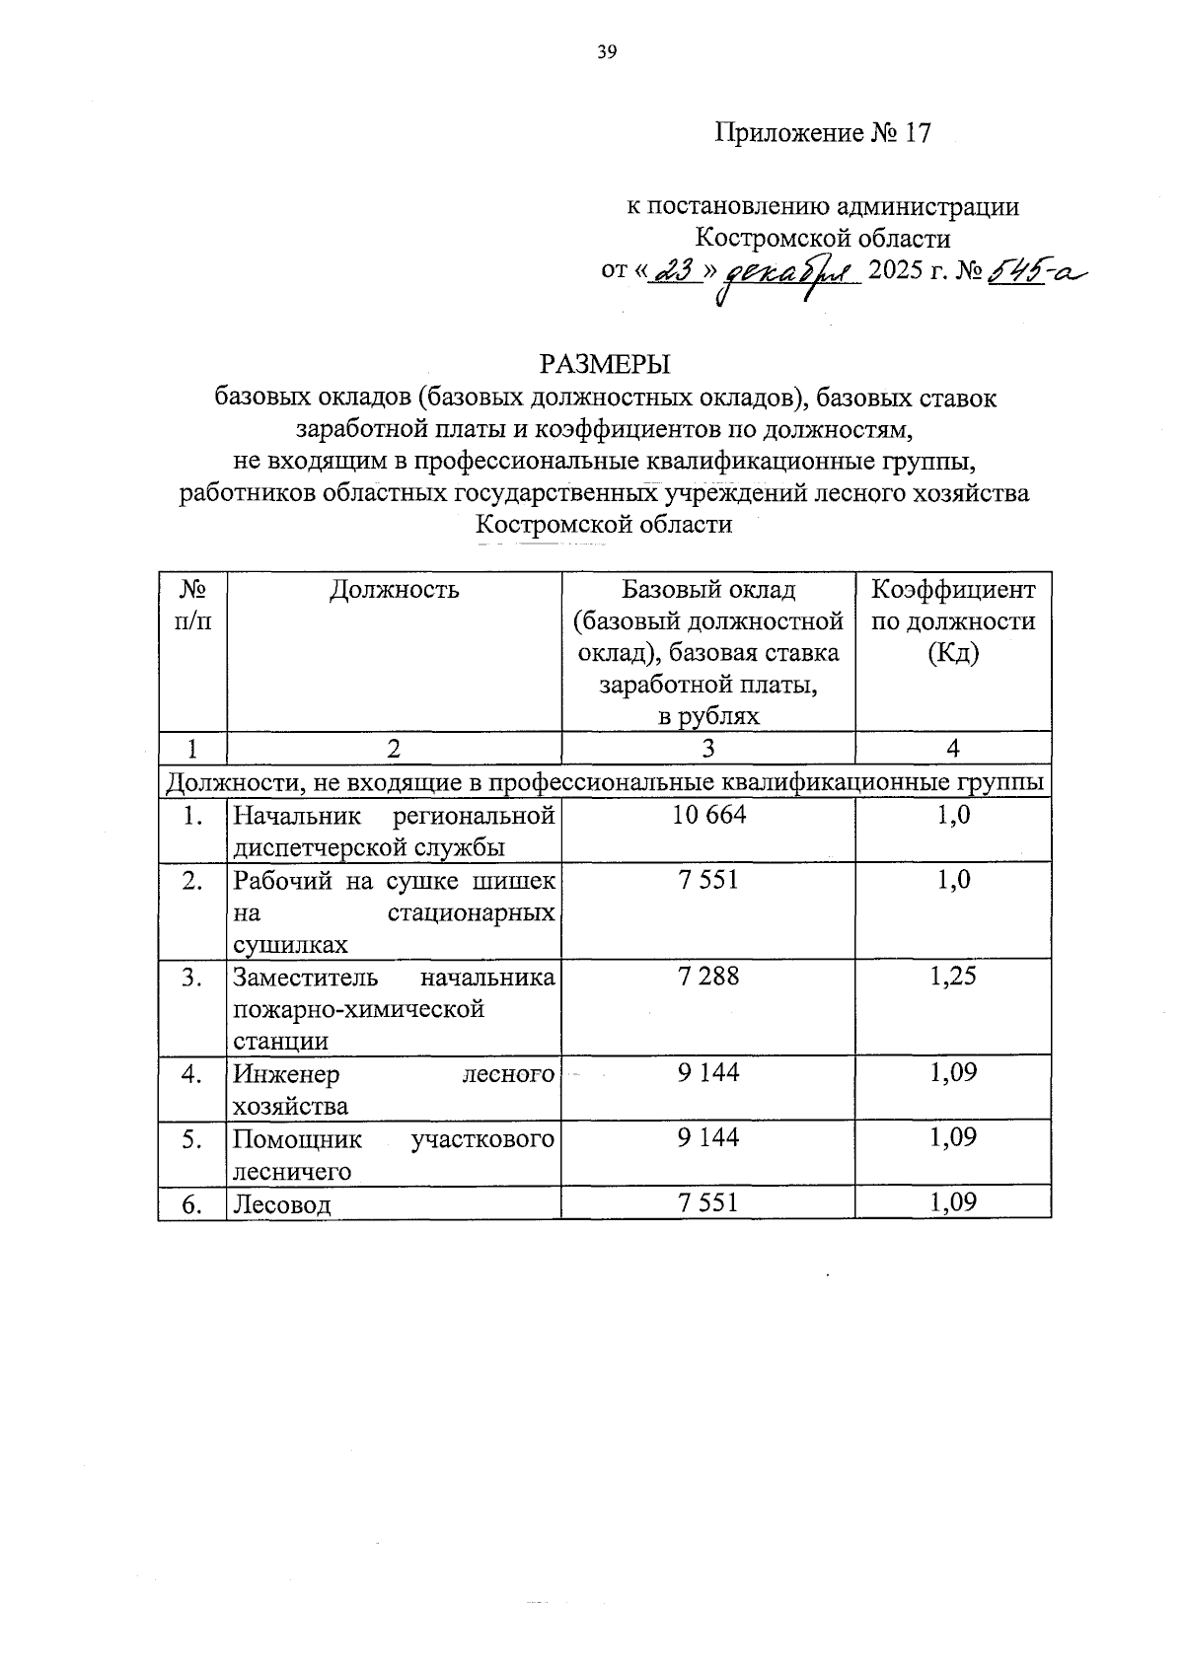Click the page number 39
(x=606, y=53)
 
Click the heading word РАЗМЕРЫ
(x=604, y=364)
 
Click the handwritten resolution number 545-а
(x=1031, y=270)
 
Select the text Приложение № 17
(x=823, y=133)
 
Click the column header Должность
(x=394, y=590)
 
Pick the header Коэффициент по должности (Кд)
(x=953, y=621)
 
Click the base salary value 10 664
(x=707, y=815)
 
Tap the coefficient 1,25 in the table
(x=953, y=977)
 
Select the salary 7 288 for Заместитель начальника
(x=707, y=977)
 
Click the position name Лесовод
(x=282, y=1204)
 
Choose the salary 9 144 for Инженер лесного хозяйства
(x=707, y=1073)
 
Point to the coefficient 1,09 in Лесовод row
(x=953, y=1202)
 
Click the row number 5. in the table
(x=192, y=1139)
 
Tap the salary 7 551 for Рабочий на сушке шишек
(x=707, y=880)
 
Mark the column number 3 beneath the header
(x=707, y=749)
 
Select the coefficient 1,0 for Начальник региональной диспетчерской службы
(x=953, y=815)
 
